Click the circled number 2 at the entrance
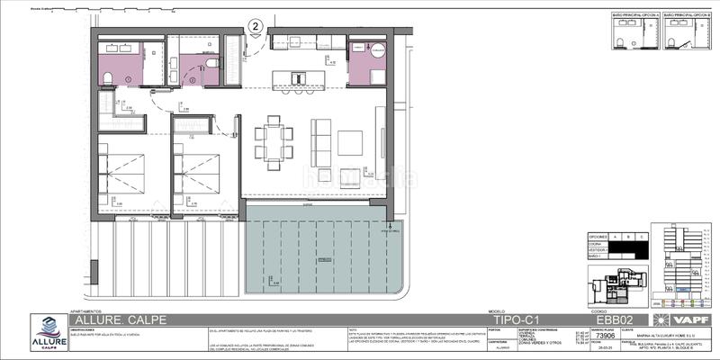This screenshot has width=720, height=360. [x=256, y=26]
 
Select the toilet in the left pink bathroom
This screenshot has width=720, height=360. [x=107, y=76]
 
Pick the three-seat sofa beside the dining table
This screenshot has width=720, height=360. [x=319, y=141]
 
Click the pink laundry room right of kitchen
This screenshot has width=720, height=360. [x=367, y=64]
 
